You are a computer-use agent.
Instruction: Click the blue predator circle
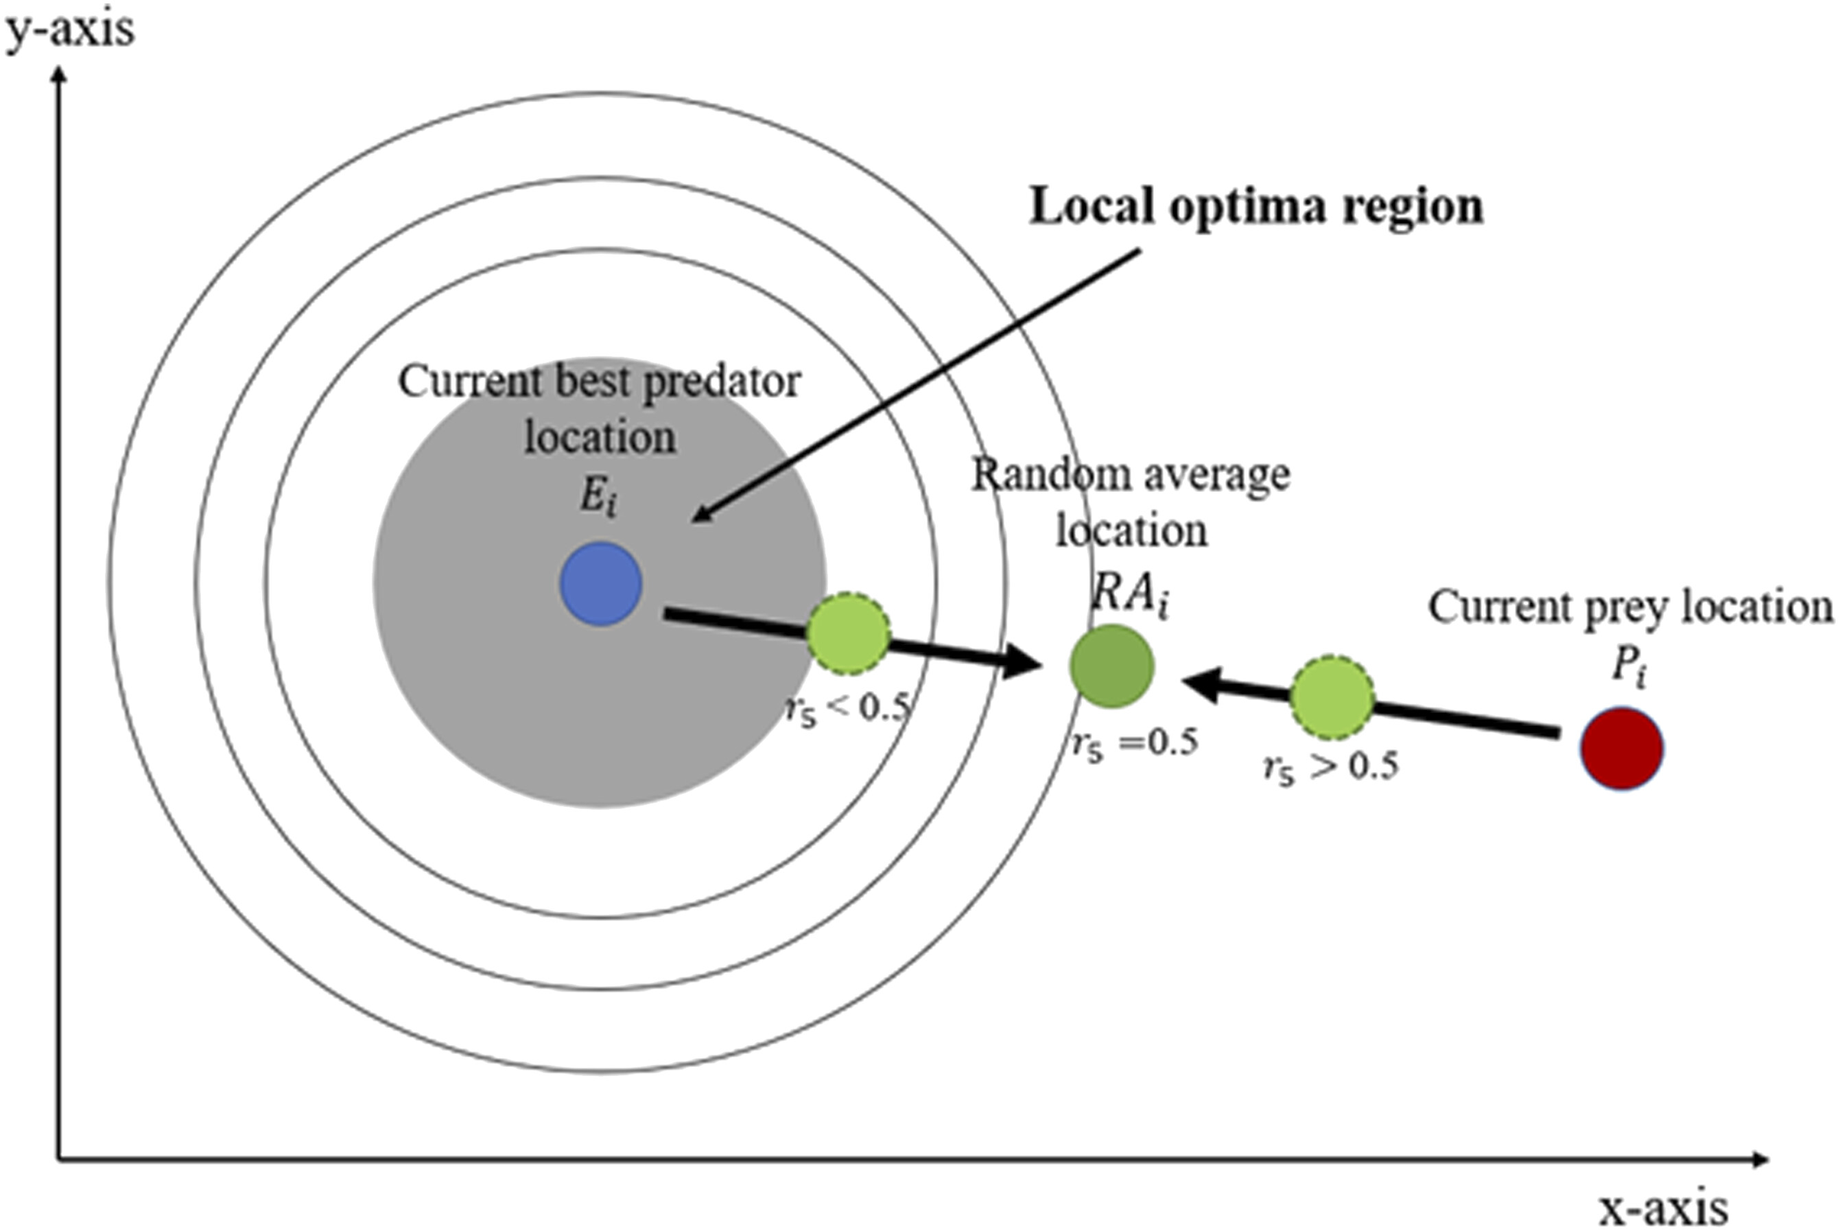600,583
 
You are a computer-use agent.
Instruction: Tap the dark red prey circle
1621,748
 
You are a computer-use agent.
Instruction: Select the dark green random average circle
1111,666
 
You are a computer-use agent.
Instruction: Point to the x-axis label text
1662,1209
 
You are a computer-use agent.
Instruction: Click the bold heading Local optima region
1256,207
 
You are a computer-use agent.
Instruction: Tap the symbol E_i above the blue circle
598,496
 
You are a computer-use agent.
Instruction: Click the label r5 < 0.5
848,708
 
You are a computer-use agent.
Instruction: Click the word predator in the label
720,382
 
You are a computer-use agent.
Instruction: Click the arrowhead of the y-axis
58,75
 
